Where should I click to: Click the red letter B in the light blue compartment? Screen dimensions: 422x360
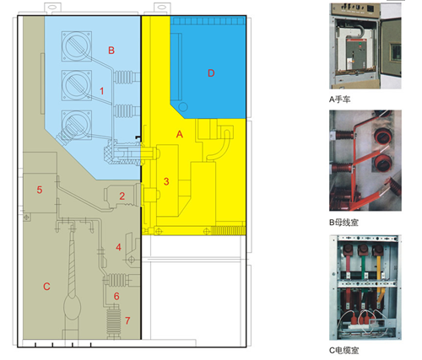click(111, 51)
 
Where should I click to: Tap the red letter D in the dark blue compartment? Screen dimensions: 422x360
click(211, 73)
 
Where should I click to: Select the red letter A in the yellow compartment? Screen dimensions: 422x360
click(180, 134)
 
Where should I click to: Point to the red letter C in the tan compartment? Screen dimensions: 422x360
click(46, 287)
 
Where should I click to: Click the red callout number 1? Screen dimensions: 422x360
click(102, 91)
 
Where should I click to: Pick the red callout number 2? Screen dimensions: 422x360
click(122, 196)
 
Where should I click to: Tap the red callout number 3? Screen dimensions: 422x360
click(166, 181)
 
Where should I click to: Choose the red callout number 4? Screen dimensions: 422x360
click(118, 247)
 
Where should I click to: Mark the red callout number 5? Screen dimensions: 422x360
click(40, 190)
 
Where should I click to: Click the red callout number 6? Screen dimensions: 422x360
click(116, 296)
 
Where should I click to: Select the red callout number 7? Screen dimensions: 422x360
click(127, 320)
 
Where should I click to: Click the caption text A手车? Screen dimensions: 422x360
click(340, 99)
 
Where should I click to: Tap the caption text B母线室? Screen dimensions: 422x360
click(344, 223)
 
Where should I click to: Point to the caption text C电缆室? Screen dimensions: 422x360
click(344, 351)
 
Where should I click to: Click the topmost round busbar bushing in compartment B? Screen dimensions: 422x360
click(77, 46)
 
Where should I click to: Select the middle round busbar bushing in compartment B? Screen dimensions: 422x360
click(77, 85)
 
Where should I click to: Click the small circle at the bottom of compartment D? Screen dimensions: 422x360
click(183, 107)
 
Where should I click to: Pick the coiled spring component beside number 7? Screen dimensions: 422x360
click(114, 322)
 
